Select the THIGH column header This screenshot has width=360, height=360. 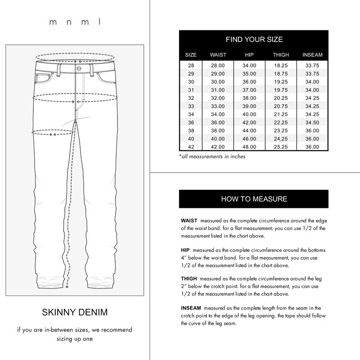(x=281, y=55)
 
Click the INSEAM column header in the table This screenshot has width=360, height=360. (x=312, y=55)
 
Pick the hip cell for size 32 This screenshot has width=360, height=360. (x=249, y=98)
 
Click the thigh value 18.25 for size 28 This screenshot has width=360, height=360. (x=281, y=65)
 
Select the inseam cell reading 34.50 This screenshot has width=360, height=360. (x=312, y=122)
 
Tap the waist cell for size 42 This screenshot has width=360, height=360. (x=218, y=147)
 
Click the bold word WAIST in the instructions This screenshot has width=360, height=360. (x=189, y=221)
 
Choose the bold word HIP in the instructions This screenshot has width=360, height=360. (x=185, y=250)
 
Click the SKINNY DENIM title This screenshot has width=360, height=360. (x=75, y=312)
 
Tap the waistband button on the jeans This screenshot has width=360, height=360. (x=79, y=68)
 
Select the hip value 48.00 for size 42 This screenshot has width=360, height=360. (x=249, y=147)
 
